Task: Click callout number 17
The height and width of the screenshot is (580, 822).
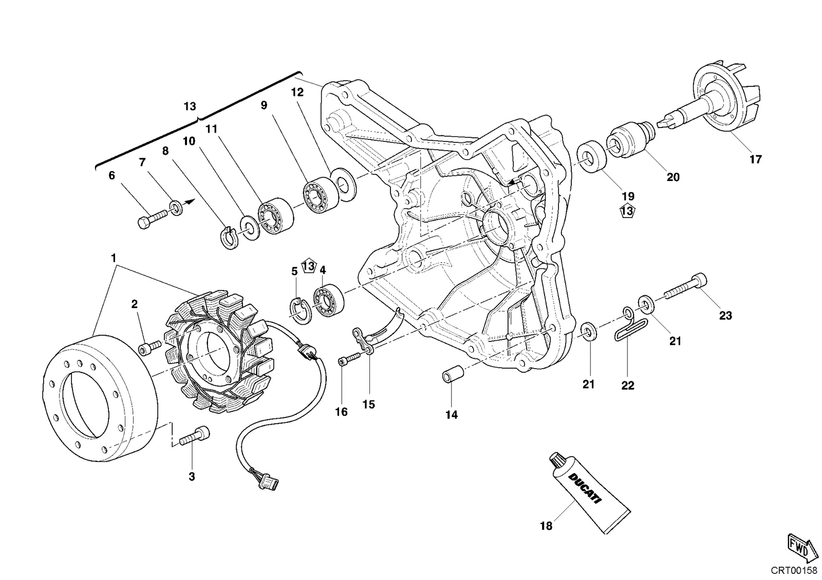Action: coord(756,159)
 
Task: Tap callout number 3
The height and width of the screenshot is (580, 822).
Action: coord(192,477)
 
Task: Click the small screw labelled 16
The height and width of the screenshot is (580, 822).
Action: coord(349,359)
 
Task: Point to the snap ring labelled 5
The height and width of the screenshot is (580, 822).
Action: coord(300,312)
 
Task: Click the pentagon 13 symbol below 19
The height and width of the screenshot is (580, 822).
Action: coord(627,211)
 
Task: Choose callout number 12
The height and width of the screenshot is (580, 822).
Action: coord(297,92)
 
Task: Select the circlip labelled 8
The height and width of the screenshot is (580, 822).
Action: coord(230,238)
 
